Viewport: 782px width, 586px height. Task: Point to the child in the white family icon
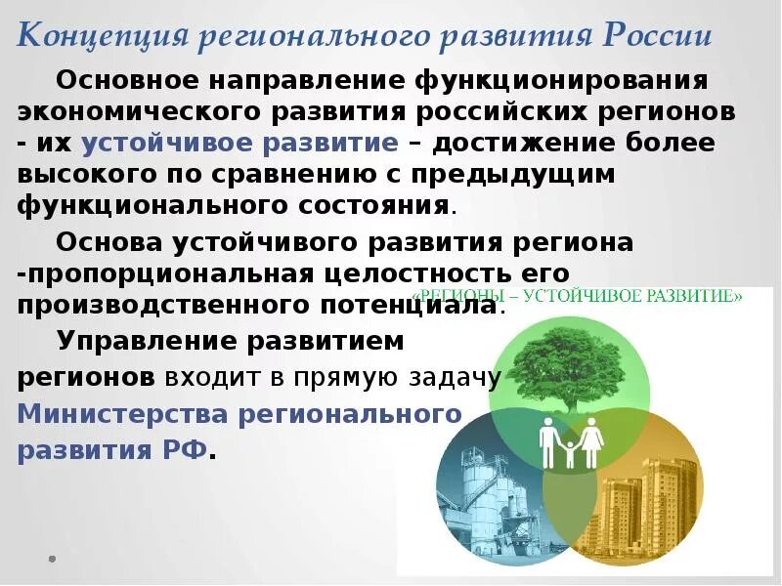click(570, 450)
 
